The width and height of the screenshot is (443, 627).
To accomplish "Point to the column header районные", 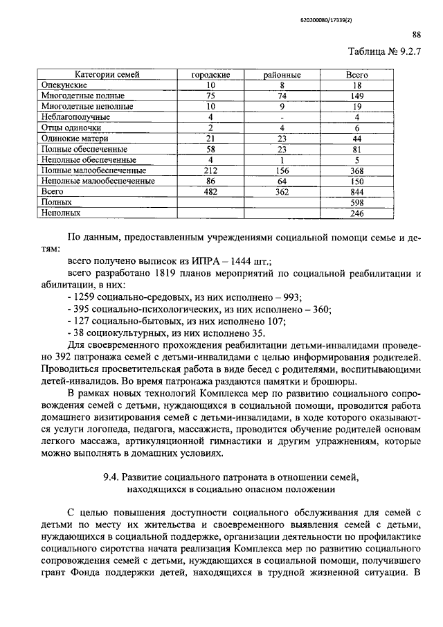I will [x=281, y=74].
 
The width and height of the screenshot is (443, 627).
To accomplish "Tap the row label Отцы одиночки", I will [x=71, y=127].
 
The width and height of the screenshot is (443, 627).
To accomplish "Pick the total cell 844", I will [x=356, y=191].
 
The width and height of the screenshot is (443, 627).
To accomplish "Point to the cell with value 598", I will [x=356, y=202].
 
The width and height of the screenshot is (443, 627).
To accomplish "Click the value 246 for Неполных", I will [x=356, y=213].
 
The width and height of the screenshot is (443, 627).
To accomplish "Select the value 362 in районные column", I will [x=281, y=191].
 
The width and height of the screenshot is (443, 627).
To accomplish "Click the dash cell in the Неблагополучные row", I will [x=281, y=117].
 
